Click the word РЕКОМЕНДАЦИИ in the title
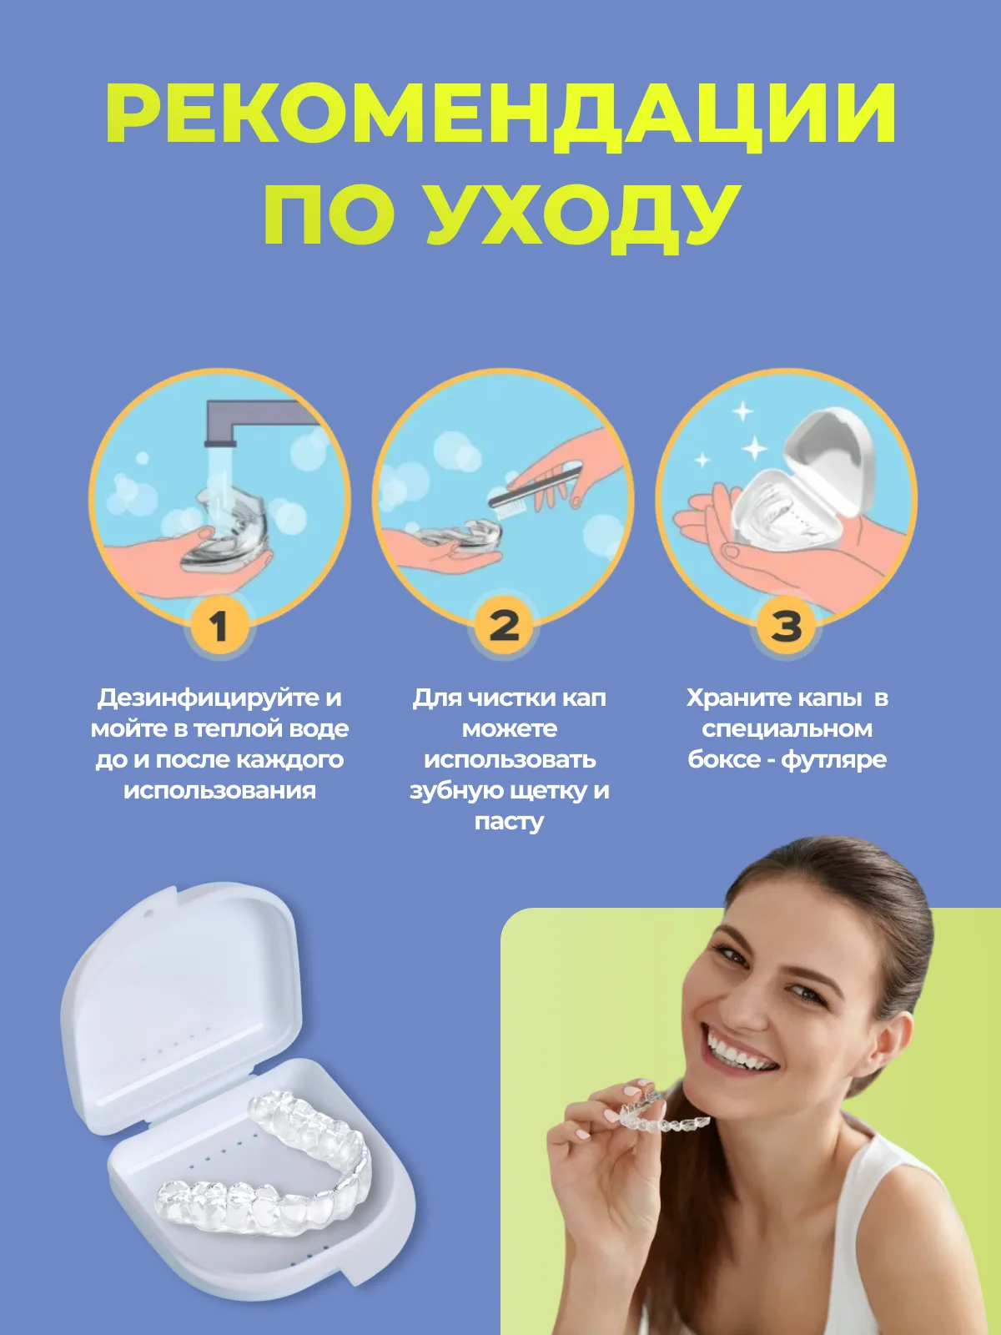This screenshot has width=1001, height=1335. (x=500, y=116)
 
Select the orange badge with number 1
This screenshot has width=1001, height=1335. (x=219, y=626)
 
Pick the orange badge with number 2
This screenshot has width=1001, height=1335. (x=504, y=626)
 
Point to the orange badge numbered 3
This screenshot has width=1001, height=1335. (x=787, y=626)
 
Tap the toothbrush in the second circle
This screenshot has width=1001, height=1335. (x=535, y=491)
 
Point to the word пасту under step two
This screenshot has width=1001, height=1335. (x=509, y=822)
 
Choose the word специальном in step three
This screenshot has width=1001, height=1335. (x=787, y=728)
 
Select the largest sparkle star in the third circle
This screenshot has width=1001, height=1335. (x=754, y=448)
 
